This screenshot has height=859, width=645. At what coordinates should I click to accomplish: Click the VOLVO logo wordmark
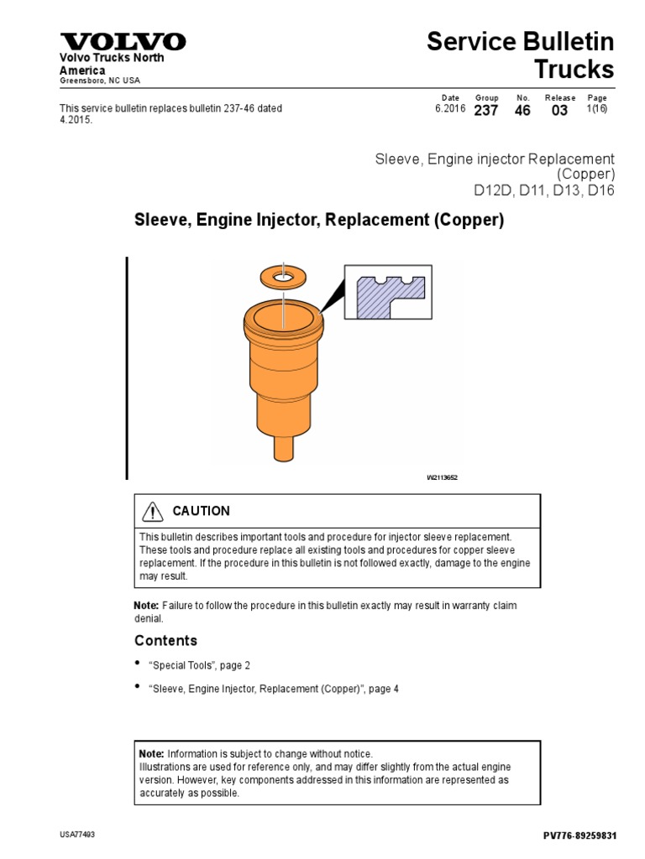(122, 42)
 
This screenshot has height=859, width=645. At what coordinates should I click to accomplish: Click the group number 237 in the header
(486, 111)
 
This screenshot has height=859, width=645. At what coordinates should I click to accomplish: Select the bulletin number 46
(522, 111)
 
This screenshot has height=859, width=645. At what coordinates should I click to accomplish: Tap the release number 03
(559, 111)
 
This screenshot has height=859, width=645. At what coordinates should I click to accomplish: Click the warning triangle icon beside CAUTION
(152, 511)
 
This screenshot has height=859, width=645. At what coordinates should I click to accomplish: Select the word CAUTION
(201, 511)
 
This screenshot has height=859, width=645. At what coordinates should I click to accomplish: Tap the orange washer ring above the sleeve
(283, 274)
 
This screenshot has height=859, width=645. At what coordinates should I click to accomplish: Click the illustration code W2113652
(442, 477)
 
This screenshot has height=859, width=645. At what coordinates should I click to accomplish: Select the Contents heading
(165, 641)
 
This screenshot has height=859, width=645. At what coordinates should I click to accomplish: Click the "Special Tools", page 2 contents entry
(199, 665)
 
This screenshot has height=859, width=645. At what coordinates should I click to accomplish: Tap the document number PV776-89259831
(580, 836)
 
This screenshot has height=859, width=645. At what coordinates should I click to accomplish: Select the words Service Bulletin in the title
(521, 41)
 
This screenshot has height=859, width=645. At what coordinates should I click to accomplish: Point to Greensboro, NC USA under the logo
(99, 81)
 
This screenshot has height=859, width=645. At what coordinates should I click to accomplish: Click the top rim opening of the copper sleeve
(283, 318)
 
